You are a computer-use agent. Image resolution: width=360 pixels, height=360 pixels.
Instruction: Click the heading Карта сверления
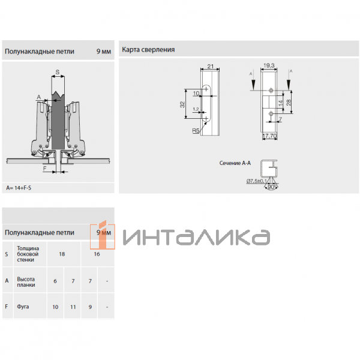coord(148,49)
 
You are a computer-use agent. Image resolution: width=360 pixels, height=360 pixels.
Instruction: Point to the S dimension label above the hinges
coord(57,73)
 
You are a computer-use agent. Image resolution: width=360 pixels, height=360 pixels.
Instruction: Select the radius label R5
coord(196,130)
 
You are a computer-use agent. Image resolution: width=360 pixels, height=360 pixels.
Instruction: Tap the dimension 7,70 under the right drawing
coord(269,137)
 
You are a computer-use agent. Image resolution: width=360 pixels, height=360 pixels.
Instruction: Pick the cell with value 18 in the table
coord(61,254)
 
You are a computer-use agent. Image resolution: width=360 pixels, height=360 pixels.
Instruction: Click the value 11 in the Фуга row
coord(73,307)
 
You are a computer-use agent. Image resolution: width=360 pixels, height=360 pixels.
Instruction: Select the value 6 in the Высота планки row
coord(55,281)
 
